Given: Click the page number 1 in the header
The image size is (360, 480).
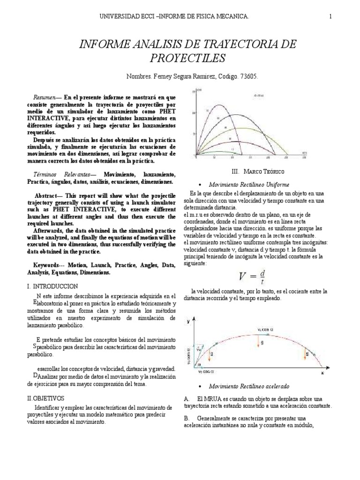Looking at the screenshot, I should coord(330,17).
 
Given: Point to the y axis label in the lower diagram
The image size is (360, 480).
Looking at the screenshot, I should coord(187,321).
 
